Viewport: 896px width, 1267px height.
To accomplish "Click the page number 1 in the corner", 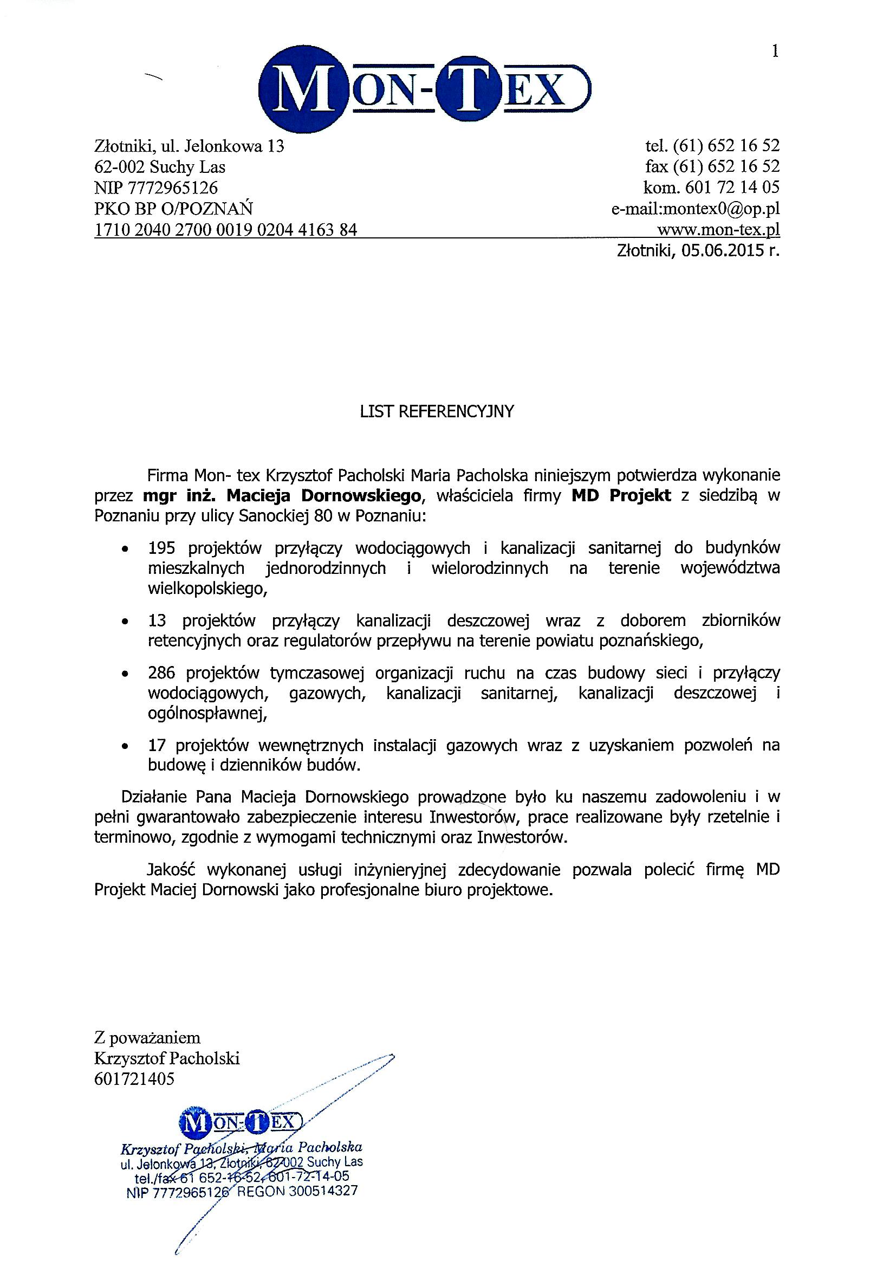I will (775, 52).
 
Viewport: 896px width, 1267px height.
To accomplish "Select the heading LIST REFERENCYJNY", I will (437, 412).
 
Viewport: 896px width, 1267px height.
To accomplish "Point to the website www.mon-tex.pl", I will (718, 229).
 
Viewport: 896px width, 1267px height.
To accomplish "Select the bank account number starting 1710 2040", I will (226, 230).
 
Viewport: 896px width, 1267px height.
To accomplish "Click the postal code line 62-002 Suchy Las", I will (160, 167).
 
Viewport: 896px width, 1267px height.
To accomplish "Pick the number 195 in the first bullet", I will (161, 548).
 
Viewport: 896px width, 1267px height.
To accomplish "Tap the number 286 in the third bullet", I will (161, 673).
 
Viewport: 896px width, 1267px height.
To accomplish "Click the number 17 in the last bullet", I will (157, 746).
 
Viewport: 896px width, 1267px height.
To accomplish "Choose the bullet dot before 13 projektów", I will (126, 623).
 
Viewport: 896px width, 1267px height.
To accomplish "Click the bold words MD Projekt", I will (621, 495).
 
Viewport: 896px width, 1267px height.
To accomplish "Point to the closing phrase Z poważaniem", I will (147, 1037).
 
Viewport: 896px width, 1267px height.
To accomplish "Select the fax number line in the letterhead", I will (712, 167).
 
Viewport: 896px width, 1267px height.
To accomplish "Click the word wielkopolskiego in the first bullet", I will (207, 590).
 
